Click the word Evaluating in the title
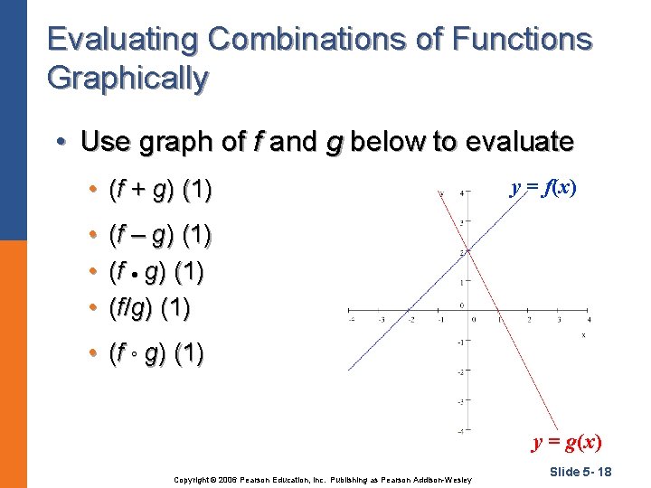pyautogui.click(x=123, y=40)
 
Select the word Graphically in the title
pyautogui.click(x=127, y=79)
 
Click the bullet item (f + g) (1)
pyautogui.click(x=159, y=190)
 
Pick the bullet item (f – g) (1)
pyautogui.click(x=159, y=236)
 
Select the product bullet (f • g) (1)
pyautogui.click(x=156, y=271)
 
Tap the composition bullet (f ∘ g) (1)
pyautogui.click(x=156, y=353)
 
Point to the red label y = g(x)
pyautogui.click(x=566, y=442)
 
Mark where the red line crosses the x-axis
pyautogui.click(x=499, y=313)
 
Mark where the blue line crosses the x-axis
pyautogui.click(x=410, y=313)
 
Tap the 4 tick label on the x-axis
pyautogui.click(x=589, y=319)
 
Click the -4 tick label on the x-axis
pyautogui.click(x=352, y=319)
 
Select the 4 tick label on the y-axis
pyautogui.click(x=462, y=193)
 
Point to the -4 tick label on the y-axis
pyautogui.click(x=460, y=431)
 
